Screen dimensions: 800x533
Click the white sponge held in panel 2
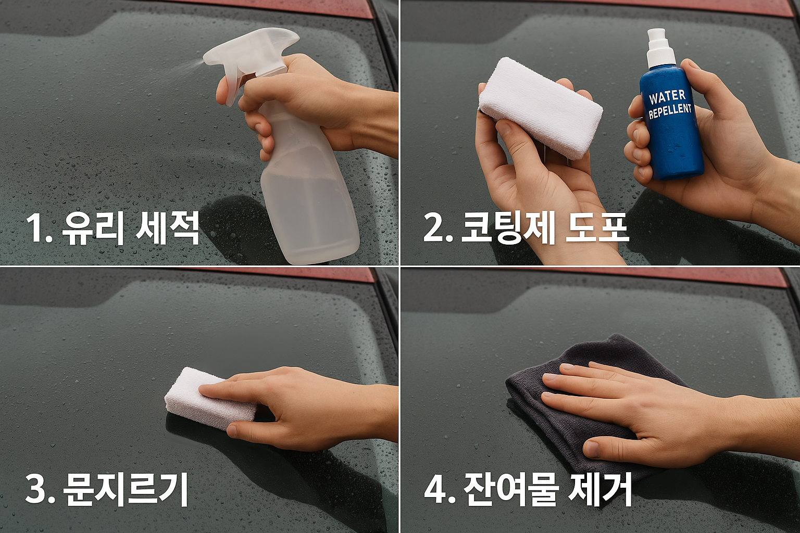(540, 107)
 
